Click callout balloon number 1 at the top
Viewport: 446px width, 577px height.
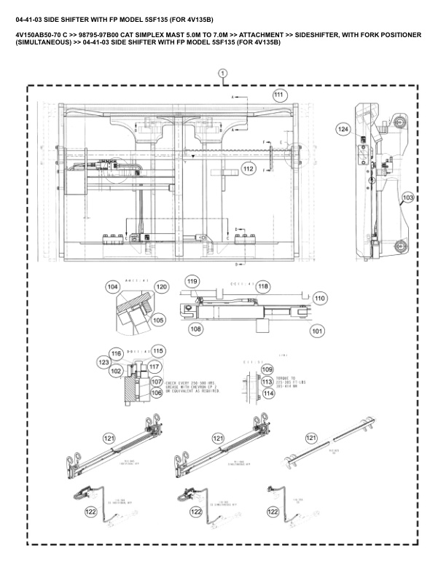click(222, 73)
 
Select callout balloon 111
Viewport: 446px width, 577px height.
click(279, 95)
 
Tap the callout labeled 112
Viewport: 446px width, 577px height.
click(249, 169)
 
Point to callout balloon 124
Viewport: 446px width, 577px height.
click(343, 128)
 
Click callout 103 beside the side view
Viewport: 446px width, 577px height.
click(408, 197)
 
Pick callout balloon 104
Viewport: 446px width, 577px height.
click(112, 287)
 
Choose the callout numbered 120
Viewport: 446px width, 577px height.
click(161, 287)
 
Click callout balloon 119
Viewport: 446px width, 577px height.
click(192, 281)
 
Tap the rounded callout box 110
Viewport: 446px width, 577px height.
click(319, 298)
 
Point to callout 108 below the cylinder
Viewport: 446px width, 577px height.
click(195, 329)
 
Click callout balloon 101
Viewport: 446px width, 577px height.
click(317, 331)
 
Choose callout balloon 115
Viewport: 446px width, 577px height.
click(157, 350)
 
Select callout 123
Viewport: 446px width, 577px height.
click(104, 361)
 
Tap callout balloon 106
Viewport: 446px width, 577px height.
click(156, 392)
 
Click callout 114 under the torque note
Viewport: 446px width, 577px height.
click(267, 393)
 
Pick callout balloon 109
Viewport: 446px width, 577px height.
click(267, 370)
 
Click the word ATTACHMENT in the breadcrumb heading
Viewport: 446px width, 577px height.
click(260, 35)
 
